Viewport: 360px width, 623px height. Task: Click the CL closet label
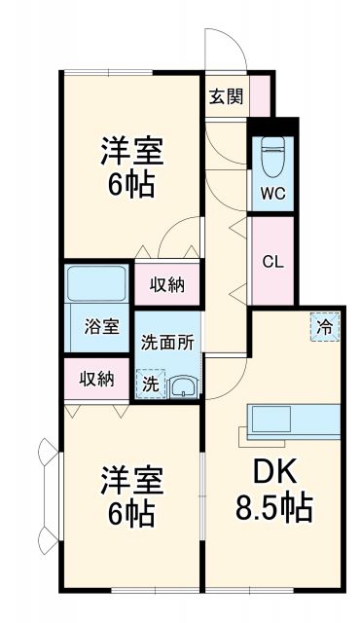[272, 261]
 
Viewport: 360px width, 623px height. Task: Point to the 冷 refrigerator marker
[325, 327]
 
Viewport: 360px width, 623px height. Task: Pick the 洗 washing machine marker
[150, 383]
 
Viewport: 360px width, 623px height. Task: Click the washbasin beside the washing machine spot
[182, 387]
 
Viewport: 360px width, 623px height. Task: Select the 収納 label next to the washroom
[167, 284]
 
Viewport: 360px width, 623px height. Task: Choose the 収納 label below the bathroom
[95, 378]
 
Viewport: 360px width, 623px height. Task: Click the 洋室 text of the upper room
[130, 151]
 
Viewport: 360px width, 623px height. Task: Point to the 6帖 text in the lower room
[129, 517]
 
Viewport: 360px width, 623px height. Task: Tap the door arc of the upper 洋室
[179, 234]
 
